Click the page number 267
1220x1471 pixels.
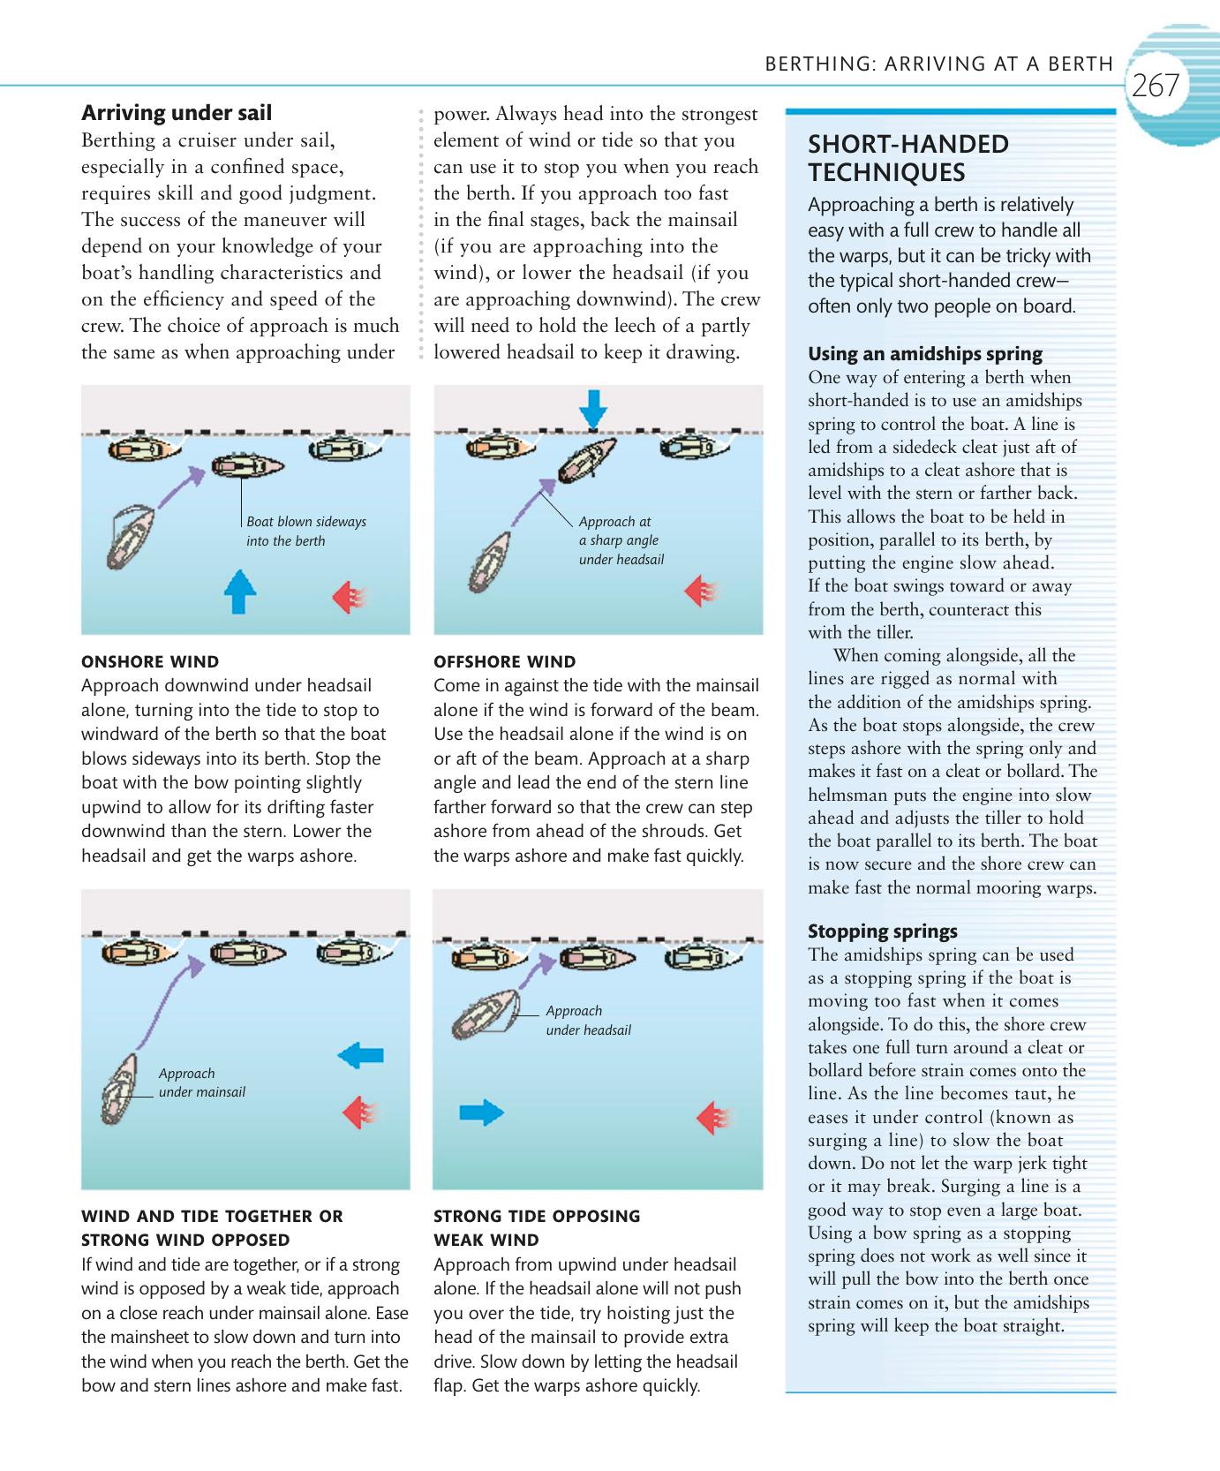pos(1155,87)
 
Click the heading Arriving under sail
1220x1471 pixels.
pos(177,113)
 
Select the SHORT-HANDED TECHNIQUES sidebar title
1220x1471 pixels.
pos(908,158)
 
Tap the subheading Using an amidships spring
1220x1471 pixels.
pos(925,354)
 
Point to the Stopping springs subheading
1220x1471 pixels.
pos(883,931)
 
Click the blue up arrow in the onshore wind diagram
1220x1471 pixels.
pos(239,591)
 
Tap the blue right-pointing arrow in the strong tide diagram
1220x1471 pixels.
pos(481,1113)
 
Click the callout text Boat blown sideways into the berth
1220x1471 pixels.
pos(305,532)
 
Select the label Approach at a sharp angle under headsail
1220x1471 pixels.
pos(621,540)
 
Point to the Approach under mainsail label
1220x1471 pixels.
pos(201,1083)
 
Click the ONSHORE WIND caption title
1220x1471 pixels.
pos(150,661)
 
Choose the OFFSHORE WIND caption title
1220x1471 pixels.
pos(505,661)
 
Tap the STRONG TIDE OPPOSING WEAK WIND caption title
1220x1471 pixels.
pos(537,1227)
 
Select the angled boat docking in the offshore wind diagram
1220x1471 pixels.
pos(587,458)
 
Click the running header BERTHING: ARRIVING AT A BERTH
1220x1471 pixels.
pos(939,64)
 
